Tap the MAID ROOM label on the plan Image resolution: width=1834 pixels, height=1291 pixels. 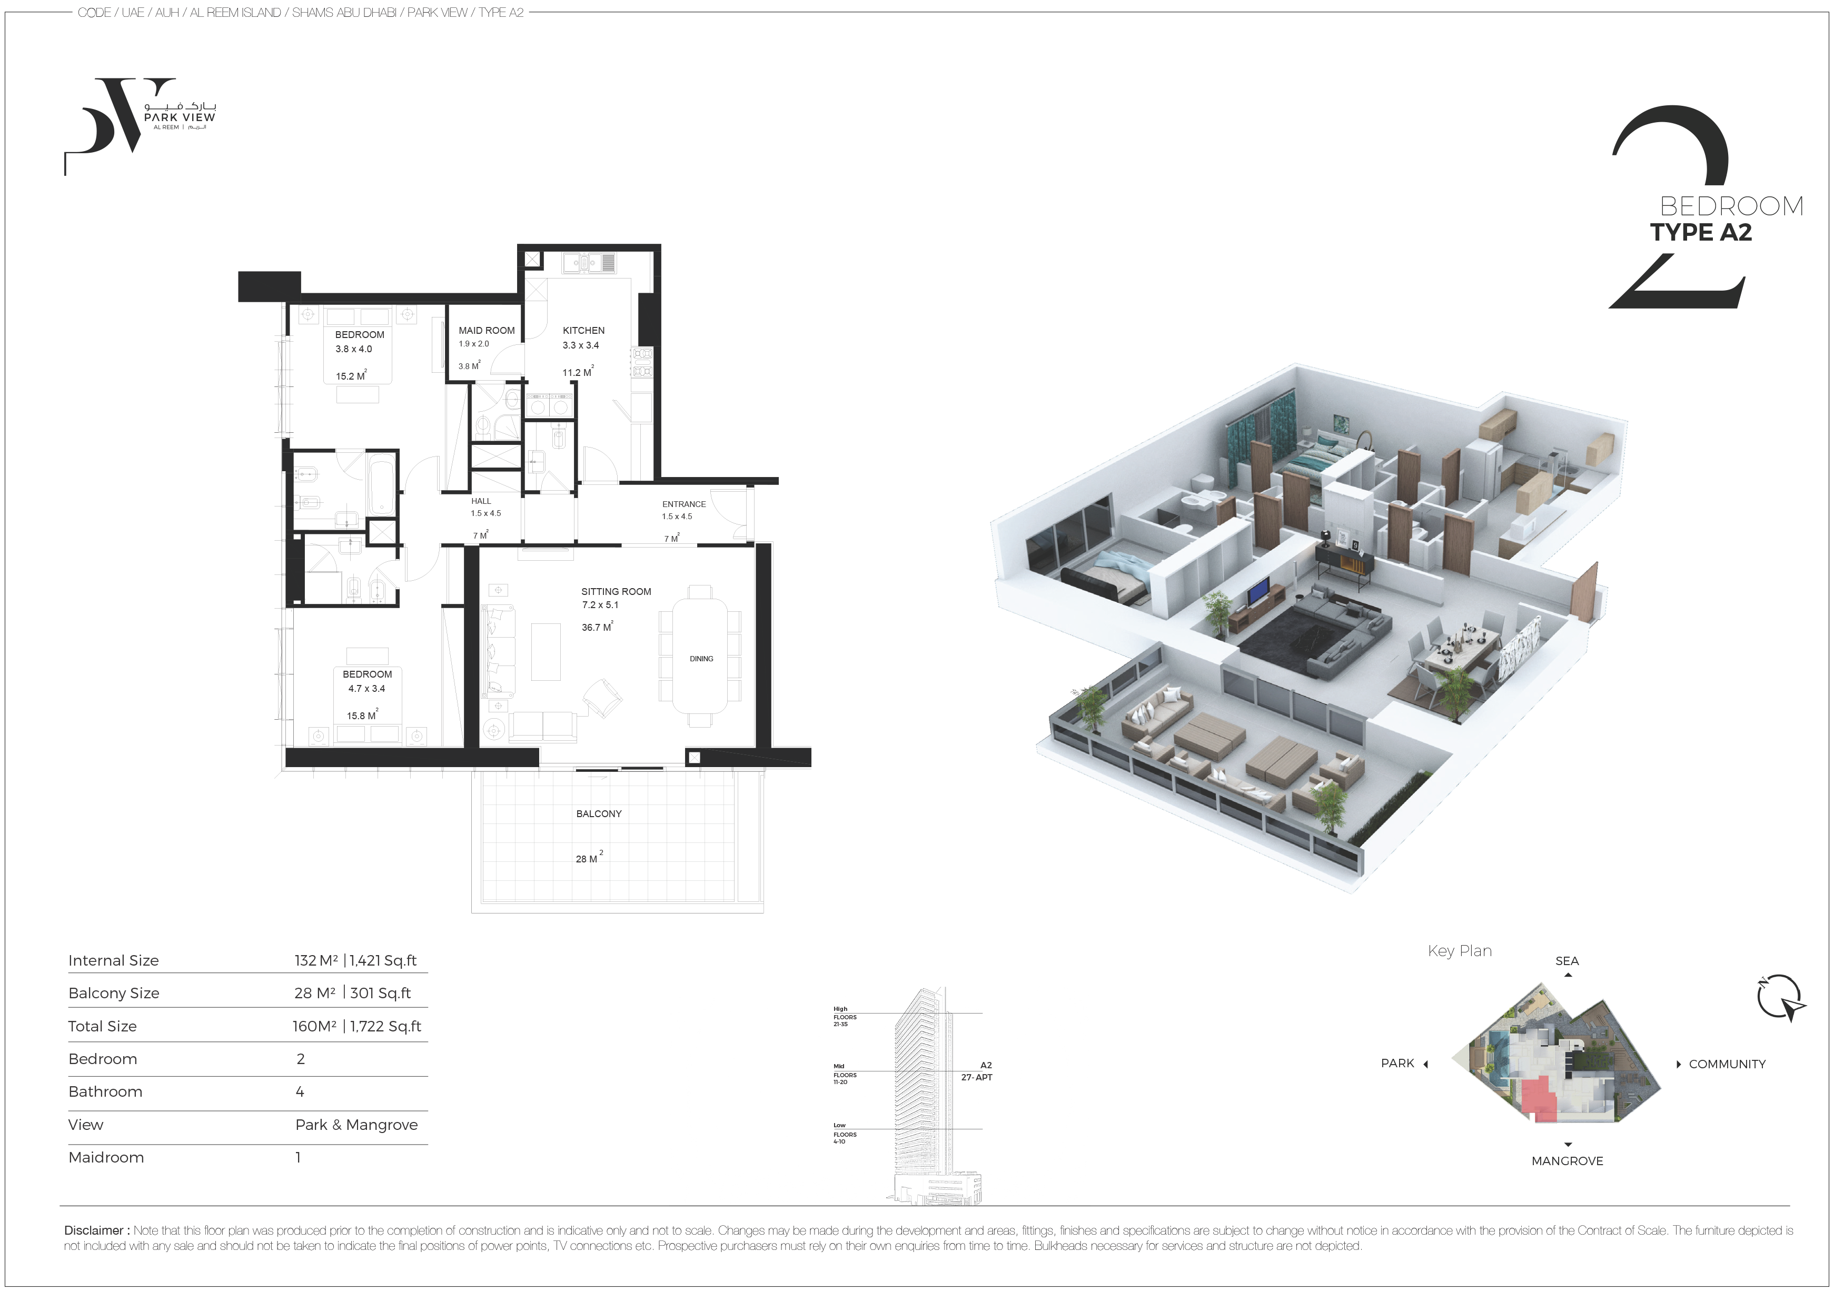point(487,330)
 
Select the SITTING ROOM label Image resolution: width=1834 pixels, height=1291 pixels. point(616,591)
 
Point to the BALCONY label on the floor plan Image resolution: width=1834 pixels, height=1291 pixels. point(598,813)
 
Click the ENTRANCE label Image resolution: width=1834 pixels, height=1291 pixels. point(684,504)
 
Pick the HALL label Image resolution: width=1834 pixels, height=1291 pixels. point(481,501)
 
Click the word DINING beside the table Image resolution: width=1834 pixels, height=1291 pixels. point(701,658)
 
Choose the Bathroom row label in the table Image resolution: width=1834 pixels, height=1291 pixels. point(105,1091)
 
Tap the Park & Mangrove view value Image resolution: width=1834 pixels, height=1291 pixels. point(356,1125)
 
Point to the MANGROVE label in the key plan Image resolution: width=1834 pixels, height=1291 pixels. point(1567,1161)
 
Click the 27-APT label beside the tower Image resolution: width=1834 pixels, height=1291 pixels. point(976,1077)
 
